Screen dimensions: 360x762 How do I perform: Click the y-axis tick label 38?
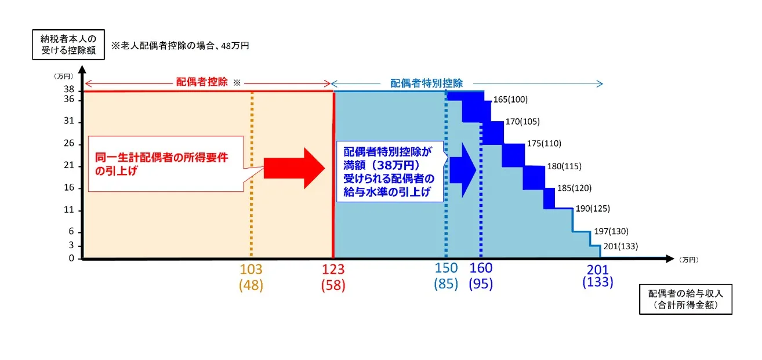(69, 90)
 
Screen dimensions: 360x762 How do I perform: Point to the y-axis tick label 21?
(69, 166)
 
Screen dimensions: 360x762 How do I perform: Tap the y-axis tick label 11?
(69, 209)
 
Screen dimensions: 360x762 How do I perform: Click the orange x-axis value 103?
(251, 270)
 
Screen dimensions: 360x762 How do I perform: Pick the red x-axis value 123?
(333, 270)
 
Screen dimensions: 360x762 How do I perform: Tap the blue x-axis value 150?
(446, 268)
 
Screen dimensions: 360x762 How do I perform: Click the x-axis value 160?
(481, 268)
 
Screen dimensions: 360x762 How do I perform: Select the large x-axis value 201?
(597, 270)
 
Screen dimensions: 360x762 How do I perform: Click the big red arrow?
(294, 168)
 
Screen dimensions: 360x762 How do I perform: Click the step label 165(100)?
(510, 100)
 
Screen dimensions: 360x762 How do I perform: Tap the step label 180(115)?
(564, 166)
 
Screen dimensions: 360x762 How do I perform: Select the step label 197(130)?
(611, 231)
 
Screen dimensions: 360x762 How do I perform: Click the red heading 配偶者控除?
(202, 83)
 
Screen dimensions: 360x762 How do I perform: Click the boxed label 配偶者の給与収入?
(685, 299)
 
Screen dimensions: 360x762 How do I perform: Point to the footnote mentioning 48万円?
(180, 45)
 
